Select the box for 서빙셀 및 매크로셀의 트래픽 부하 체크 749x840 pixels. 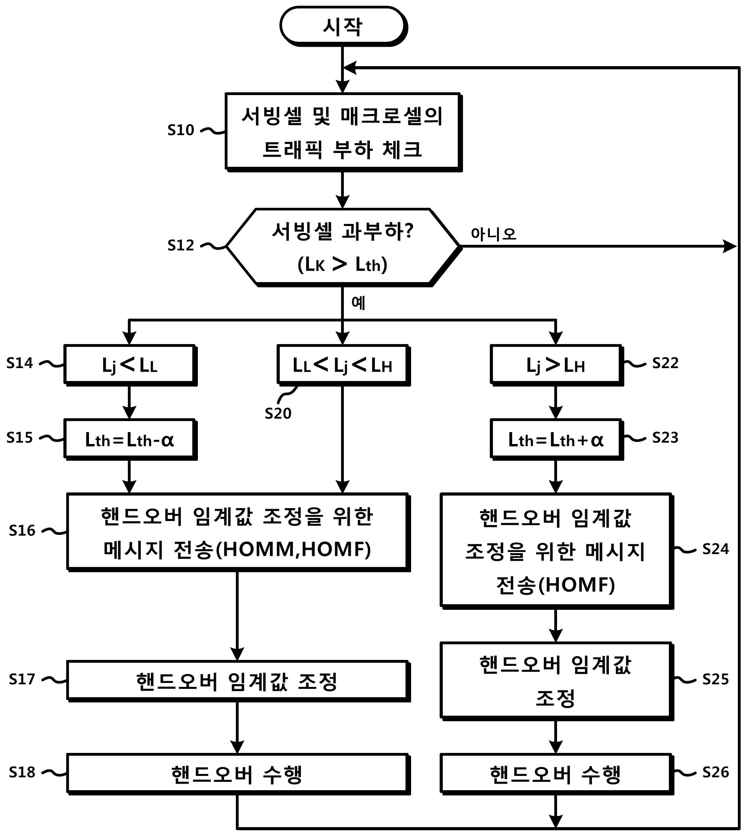343,132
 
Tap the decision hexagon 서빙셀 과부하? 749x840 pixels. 343,247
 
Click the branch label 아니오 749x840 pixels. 493,234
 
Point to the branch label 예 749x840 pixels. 358,303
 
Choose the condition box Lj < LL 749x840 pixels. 130,365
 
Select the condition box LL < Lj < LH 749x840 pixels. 343,365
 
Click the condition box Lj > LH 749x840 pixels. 556,365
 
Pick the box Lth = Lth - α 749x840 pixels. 130,440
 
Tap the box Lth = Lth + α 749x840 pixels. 556,440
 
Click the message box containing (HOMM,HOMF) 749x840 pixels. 238,532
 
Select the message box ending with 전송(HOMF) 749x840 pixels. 556,551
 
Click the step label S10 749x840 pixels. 181,130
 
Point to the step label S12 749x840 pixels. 181,245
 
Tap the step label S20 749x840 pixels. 278,413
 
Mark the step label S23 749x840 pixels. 665,437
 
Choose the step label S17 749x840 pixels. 22,679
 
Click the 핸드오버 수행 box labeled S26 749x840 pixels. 556,774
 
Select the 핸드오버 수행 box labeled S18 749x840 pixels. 238,774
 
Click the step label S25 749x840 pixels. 715,679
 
